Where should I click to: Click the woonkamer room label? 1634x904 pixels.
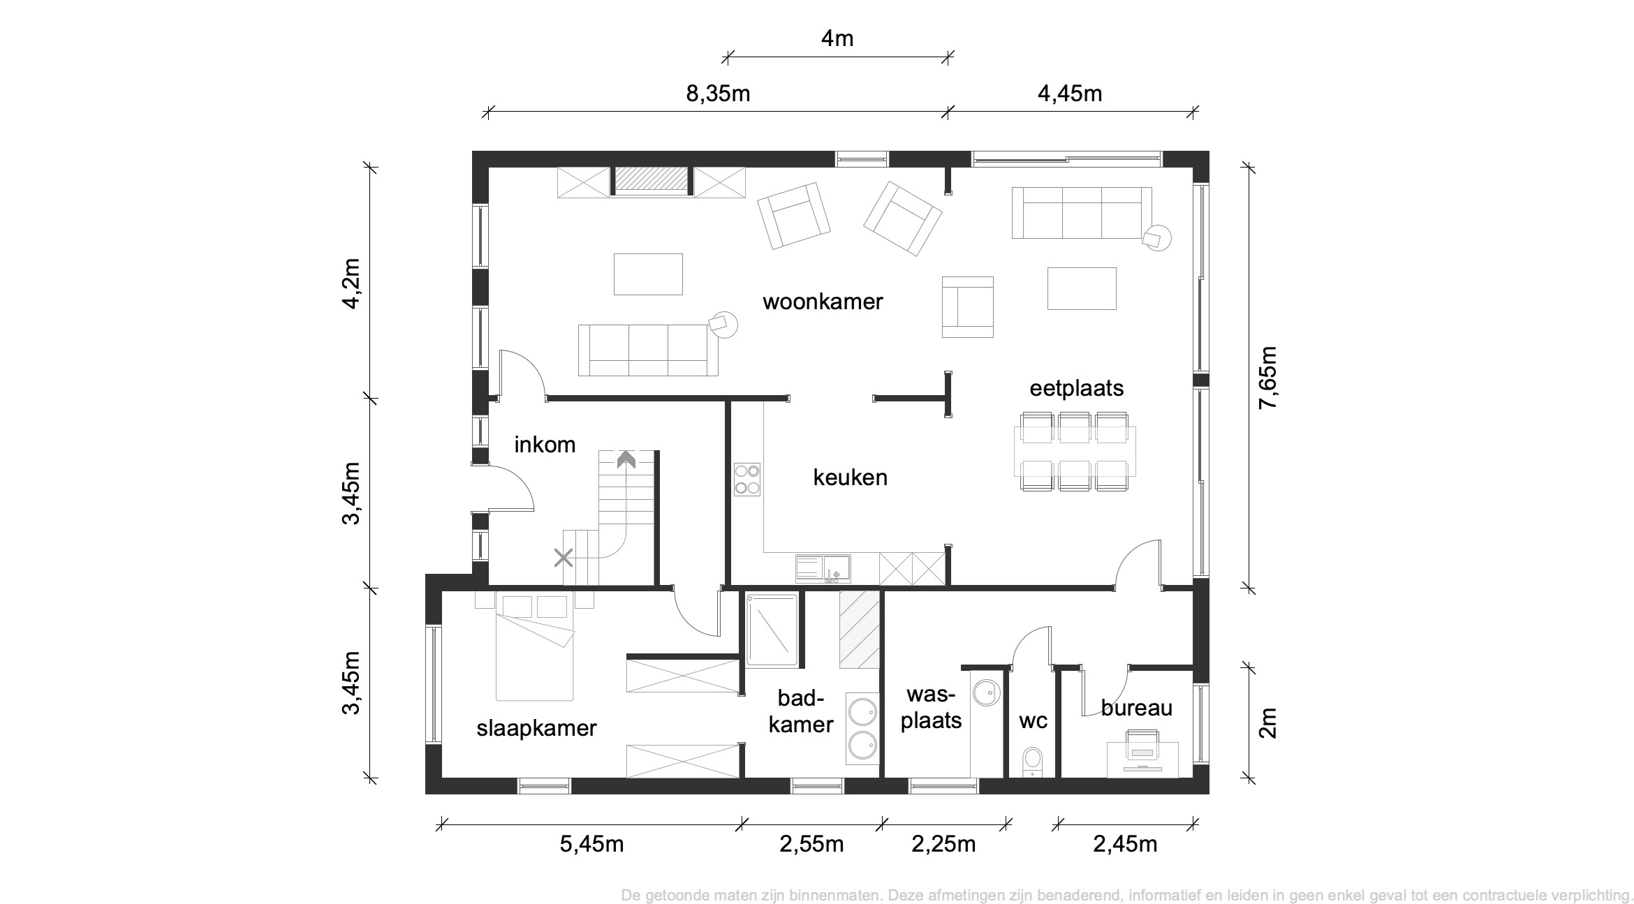pyautogui.click(x=823, y=302)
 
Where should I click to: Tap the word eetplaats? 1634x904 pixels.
pyautogui.click(x=1077, y=388)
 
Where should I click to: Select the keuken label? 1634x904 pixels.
pyautogui.click(x=851, y=477)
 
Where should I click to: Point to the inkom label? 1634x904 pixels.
pyautogui.click(x=545, y=445)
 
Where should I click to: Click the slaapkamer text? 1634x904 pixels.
pyautogui.click(x=537, y=728)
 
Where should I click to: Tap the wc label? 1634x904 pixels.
pyautogui.click(x=1033, y=721)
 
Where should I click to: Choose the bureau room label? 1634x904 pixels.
pyautogui.click(x=1137, y=708)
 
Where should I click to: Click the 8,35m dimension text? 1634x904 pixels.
pyautogui.click(x=718, y=93)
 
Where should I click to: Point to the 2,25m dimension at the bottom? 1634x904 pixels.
pyautogui.click(x=943, y=844)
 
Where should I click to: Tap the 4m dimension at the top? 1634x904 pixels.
pyautogui.click(x=837, y=38)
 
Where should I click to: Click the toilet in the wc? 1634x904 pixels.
pyautogui.click(x=1032, y=762)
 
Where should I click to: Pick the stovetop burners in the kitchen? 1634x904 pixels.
pyautogui.click(x=747, y=480)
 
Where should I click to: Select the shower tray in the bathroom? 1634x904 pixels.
pyautogui.click(x=772, y=630)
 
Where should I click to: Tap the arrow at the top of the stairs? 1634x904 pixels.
pyautogui.click(x=626, y=459)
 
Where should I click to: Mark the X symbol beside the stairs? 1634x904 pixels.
pyautogui.click(x=564, y=558)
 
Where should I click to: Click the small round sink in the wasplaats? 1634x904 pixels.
pyautogui.click(x=987, y=692)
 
